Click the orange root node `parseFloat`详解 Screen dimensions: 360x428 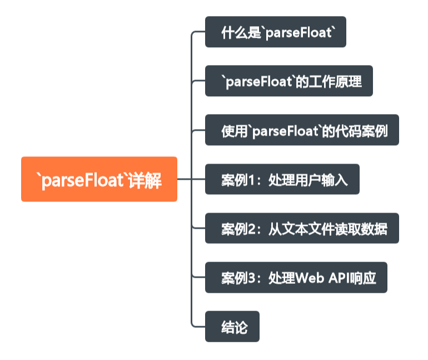point(99,179)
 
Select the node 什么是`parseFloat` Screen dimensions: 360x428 point(276,32)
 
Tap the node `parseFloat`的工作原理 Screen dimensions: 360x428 point(288,81)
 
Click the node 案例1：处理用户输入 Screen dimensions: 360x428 point(282,179)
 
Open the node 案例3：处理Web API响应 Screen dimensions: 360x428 point(296,277)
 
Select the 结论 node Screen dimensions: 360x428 point(232,326)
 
